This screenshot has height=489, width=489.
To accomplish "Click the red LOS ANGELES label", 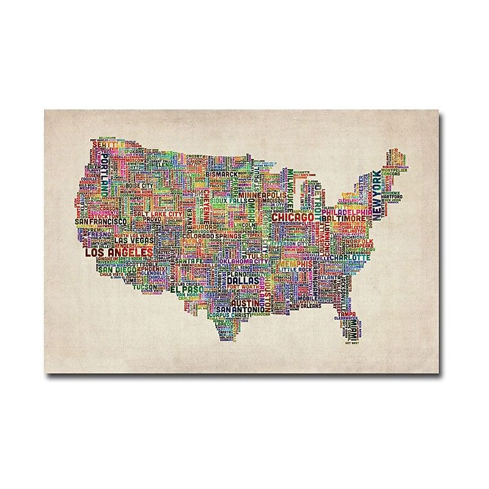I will (118, 252).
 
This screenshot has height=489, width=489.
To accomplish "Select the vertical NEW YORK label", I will (377, 195).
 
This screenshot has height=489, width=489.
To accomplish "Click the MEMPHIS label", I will (296, 265).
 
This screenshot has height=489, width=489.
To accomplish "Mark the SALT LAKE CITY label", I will (156, 216).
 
